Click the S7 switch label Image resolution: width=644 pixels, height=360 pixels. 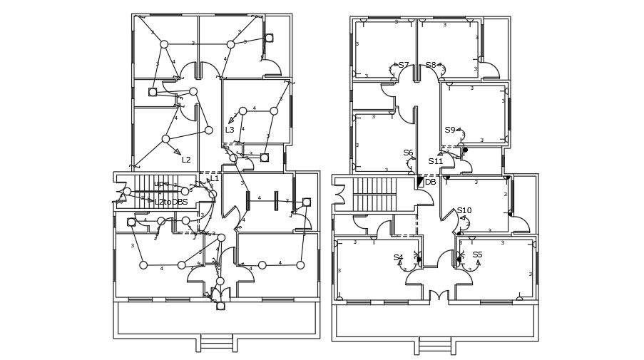click(404, 66)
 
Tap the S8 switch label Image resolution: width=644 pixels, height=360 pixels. click(431, 66)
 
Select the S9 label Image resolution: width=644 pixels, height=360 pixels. click(450, 130)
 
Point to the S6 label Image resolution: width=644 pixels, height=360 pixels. click(408, 153)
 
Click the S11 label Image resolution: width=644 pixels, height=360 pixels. click(436, 162)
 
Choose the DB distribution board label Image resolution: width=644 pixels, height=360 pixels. click(431, 182)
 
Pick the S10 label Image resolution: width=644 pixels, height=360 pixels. click(464, 211)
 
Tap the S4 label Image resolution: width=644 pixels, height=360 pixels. click(398, 258)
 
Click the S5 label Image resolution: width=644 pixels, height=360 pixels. click(477, 255)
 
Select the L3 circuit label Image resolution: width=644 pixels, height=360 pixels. click(230, 130)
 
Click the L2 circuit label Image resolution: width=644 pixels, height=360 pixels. click(186, 160)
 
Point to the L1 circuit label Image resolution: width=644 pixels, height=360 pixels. click(215, 179)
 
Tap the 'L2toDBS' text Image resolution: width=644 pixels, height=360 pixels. click(171, 202)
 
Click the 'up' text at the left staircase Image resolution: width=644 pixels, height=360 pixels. click(158, 184)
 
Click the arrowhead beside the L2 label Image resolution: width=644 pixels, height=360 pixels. click(177, 151)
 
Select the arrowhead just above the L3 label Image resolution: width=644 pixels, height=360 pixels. click(231, 120)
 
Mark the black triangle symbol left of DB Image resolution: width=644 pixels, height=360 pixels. click(420, 182)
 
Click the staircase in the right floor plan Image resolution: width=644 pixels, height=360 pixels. click(374, 194)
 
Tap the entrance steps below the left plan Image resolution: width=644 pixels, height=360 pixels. click(216, 343)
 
